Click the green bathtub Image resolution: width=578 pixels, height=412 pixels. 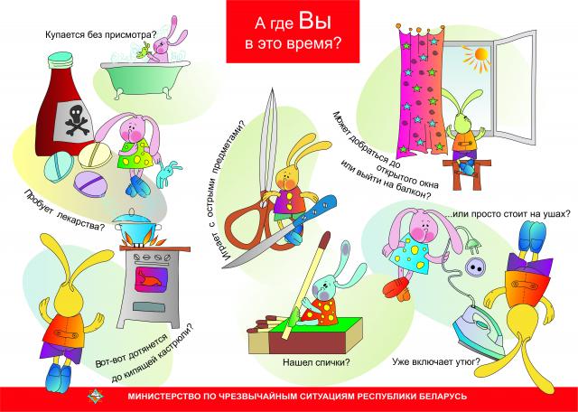click(145, 79)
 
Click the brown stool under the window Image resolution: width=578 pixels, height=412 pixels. click(467, 173)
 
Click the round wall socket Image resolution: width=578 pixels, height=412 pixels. click(476, 267)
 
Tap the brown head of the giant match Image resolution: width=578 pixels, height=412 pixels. click(325, 239)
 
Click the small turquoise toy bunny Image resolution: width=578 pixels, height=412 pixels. click(168, 173)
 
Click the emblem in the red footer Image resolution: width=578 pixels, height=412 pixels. click(94, 396)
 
